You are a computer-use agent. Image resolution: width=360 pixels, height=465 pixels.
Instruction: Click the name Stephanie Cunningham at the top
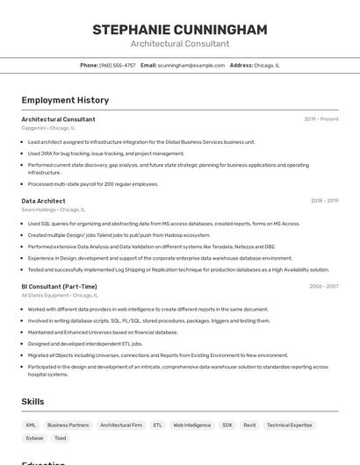(x=179, y=30)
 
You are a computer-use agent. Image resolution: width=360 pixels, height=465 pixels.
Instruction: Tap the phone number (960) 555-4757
(x=118, y=65)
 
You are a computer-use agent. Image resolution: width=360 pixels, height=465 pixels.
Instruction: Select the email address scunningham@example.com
(x=191, y=65)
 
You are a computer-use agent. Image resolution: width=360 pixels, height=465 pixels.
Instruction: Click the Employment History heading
(x=65, y=100)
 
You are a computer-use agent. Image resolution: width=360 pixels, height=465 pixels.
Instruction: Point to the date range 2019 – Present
(x=321, y=119)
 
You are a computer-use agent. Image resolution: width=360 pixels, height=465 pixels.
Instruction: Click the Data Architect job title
(x=43, y=201)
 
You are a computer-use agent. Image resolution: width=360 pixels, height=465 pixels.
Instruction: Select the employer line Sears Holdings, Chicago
(x=54, y=210)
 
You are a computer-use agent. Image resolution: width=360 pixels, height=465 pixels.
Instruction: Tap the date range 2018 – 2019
(x=324, y=201)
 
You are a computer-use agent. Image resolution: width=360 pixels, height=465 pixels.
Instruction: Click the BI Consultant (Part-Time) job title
(x=59, y=286)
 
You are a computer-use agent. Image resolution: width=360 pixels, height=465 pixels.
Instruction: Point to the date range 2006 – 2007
(x=324, y=286)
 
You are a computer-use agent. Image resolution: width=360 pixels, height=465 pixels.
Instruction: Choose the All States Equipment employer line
(x=58, y=296)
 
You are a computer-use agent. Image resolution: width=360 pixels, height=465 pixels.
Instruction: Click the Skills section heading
(x=33, y=401)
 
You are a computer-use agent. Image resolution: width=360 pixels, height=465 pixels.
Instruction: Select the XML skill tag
(x=31, y=425)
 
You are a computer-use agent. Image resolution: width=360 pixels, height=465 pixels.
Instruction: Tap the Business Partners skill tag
(x=68, y=425)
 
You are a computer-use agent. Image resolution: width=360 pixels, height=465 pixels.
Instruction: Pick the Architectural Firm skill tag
(x=121, y=425)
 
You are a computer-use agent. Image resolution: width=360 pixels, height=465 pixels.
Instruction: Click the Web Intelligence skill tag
(x=191, y=425)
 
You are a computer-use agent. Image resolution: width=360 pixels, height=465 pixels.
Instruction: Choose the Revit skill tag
(x=249, y=425)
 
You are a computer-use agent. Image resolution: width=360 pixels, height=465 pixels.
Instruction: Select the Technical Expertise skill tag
(x=290, y=425)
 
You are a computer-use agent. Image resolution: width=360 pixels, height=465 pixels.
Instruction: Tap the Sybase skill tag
(x=34, y=438)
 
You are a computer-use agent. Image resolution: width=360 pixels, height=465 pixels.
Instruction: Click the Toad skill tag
(x=60, y=438)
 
